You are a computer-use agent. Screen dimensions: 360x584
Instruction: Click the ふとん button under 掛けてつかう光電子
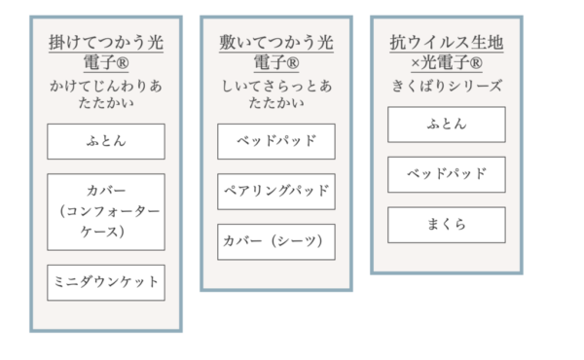(106, 141)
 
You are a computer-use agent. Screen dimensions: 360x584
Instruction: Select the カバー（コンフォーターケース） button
(106, 211)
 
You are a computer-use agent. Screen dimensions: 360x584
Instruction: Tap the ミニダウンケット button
(106, 282)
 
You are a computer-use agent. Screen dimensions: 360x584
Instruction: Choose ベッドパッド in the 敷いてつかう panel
(276, 141)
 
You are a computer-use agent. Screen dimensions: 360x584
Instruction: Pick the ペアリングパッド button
(276, 191)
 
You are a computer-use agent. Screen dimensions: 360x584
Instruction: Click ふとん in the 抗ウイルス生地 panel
(447, 124)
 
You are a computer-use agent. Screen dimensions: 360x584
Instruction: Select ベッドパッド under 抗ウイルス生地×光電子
(447, 174)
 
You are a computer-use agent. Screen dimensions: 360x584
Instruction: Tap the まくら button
(447, 225)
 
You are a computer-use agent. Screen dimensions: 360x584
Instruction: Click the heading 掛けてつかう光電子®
(106, 53)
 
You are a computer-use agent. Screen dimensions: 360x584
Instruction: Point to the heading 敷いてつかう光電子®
(276, 53)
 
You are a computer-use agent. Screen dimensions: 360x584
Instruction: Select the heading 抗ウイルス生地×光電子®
(447, 53)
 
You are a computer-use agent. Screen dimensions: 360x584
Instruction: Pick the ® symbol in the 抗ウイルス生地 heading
(475, 64)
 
